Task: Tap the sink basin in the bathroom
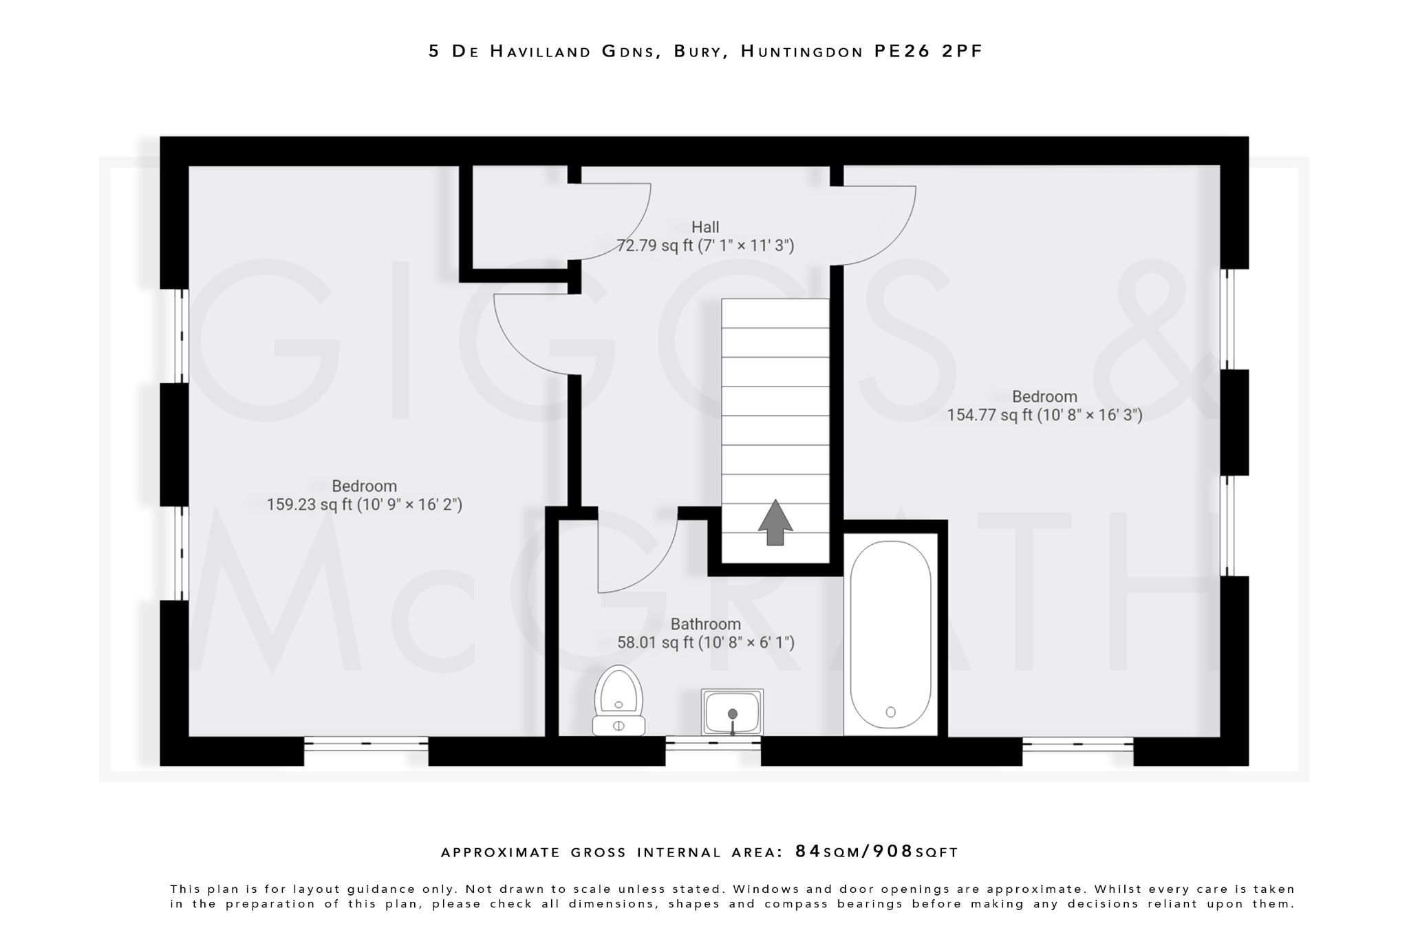732,713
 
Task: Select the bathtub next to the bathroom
890,634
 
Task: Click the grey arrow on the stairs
775,522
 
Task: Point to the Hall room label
705,227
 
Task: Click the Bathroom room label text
705,624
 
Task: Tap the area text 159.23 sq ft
309,505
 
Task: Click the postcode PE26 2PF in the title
928,52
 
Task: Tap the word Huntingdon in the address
802,52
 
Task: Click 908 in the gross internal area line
892,852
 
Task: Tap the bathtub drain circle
891,712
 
